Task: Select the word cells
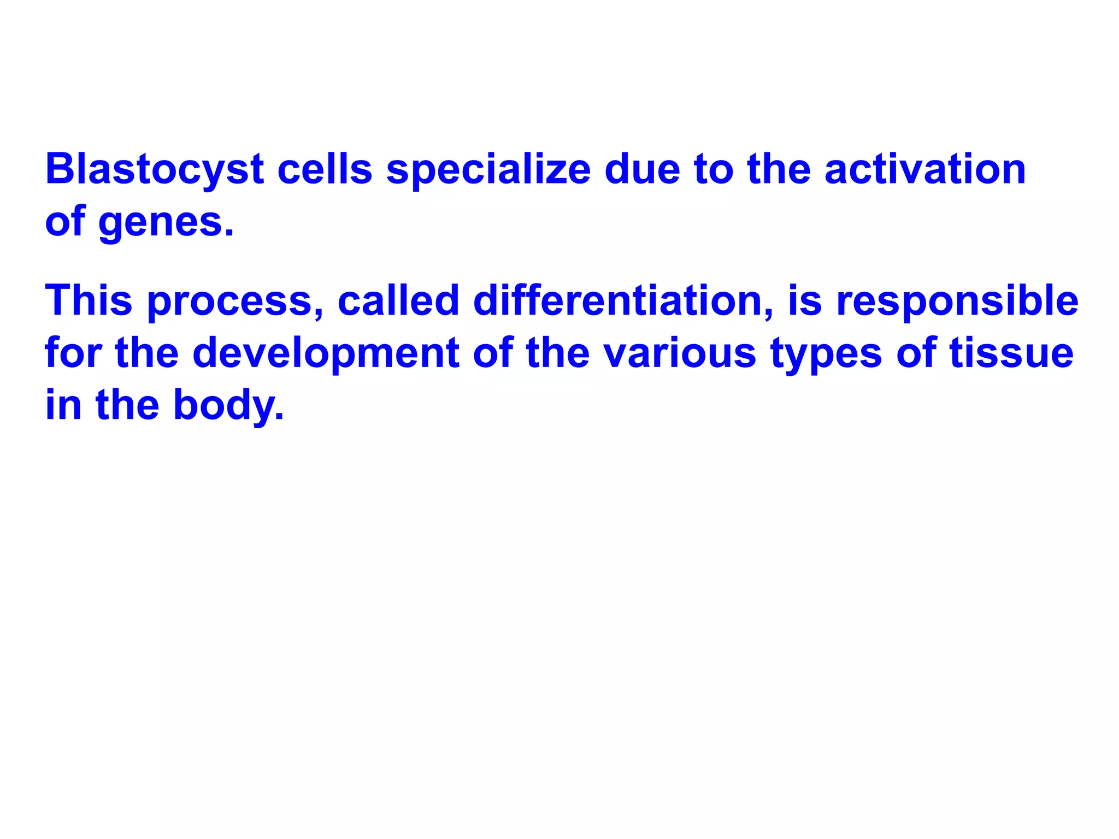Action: click(325, 169)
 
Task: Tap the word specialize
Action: click(488, 169)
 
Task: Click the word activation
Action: click(924, 169)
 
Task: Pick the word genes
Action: click(167, 223)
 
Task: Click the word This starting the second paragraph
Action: click(89, 300)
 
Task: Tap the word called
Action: click(398, 300)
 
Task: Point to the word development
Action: click(326, 353)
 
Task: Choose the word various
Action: click(680, 353)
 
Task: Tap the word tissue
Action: click(1011, 353)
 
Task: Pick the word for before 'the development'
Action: click(73, 353)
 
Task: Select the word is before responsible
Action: click(804, 300)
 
